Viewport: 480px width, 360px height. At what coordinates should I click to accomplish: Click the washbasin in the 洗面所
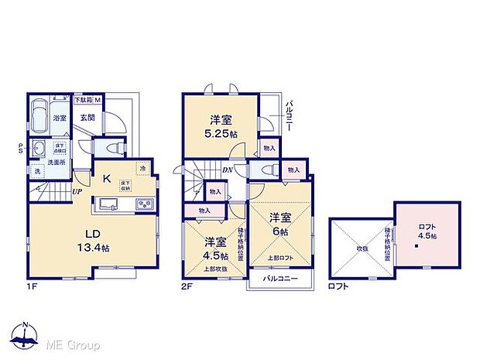[37, 149]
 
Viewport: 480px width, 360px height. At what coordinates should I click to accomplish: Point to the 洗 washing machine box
[36, 170]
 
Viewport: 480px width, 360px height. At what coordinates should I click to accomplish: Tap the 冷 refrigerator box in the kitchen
[142, 167]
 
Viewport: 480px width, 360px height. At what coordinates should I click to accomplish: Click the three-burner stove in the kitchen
[144, 204]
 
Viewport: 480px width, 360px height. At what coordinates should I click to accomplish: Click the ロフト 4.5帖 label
[427, 231]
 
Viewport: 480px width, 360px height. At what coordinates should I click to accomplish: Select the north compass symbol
[25, 334]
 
